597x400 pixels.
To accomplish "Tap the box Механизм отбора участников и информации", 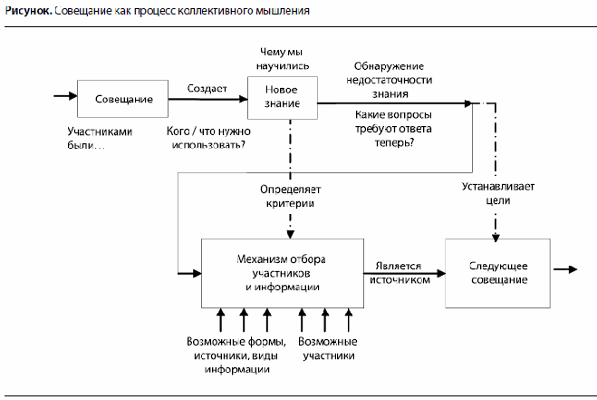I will pyautogui.click(x=282, y=272).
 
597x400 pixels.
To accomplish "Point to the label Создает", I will pyautogui.click(x=206, y=88).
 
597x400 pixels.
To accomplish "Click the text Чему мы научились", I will pyautogui.click(x=284, y=58).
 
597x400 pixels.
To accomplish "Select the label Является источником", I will pyautogui.click(x=396, y=275).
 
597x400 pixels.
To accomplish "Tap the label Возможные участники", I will pyautogui.click(x=327, y=349).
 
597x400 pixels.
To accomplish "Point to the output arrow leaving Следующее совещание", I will pyautogui.click(x=566, y=269).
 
